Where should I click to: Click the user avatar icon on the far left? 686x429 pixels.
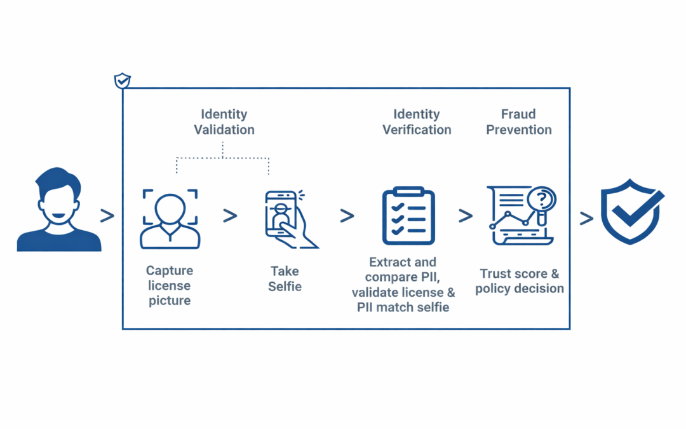(x=59, y=210)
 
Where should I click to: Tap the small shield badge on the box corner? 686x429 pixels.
(x=122, y=81)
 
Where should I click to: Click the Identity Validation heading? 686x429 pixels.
(x=224, y=122)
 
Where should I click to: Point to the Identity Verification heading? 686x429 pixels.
(x=417, y=122)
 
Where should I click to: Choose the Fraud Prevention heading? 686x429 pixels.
(x=519, y=122)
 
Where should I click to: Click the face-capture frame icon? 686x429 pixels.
(x=170, y=218)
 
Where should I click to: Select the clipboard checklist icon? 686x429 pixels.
(x=408, y=216)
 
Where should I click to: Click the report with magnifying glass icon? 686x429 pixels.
(x=521, y=215)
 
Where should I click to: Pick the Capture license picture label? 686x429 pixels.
(x=170, y=286)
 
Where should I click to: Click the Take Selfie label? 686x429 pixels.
(x=285, y=279)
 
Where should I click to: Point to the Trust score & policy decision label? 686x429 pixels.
(x=520, y=281)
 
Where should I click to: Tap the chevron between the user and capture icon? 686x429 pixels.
(x=107, y=216)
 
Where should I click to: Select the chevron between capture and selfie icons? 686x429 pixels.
(x=230, y=216)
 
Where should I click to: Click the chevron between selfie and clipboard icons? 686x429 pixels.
(x=347, y=216)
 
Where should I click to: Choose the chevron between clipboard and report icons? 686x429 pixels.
(x=466, y=216)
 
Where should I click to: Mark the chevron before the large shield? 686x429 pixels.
(x=586, y=218)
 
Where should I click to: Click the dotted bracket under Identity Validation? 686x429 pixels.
(x=223, y=158)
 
